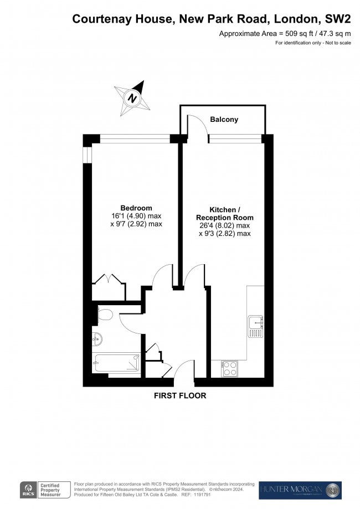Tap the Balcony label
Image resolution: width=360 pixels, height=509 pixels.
224,120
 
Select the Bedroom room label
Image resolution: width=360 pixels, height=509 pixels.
136,208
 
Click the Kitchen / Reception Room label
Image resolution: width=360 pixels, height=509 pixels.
224,213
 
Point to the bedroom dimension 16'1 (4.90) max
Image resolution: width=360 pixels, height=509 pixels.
136,216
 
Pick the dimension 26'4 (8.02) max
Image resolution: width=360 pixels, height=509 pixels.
224,225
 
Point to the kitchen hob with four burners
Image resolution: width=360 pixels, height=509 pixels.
230,368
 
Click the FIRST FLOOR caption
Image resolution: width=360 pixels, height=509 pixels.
180,396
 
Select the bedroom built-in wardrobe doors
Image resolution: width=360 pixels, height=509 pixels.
109,279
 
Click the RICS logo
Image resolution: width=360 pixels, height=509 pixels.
27,490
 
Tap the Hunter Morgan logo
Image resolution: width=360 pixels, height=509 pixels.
300,490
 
